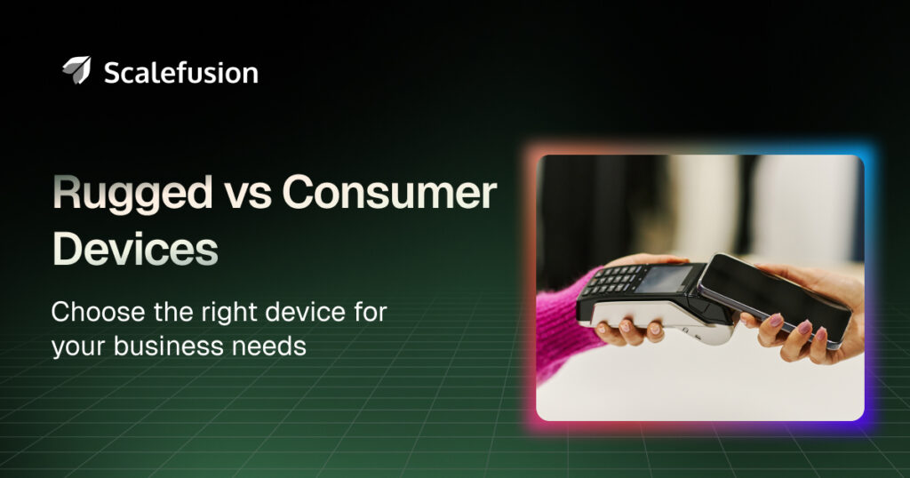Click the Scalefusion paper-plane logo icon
tap(77, 70)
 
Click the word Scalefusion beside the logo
tap(181, 73)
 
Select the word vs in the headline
tap(248, 195)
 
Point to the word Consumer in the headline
tap(389, 193)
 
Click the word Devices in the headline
tap(135, 248)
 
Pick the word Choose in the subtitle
tap(98, 312)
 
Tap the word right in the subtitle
tap(230, 314)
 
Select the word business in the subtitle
tap(169, 346)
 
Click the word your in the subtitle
tap(79, 348)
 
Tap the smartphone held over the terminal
tap(774, 300)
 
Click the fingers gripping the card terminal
tap(630, 331)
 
